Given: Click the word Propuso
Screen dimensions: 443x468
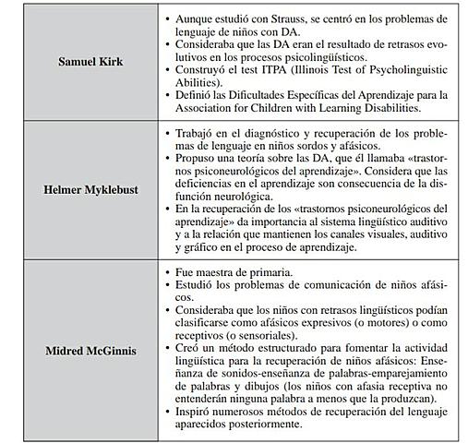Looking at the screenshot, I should pos(195,158).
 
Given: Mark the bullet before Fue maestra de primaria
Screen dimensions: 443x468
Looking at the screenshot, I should pos(166,274).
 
